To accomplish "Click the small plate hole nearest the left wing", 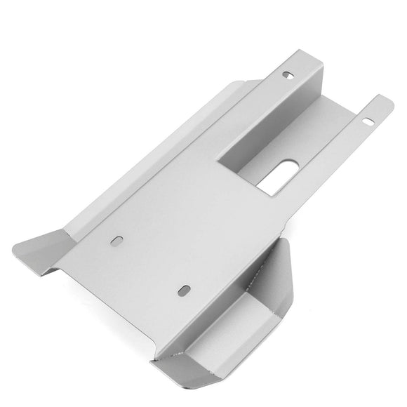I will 115,240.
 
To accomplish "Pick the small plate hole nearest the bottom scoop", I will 183,290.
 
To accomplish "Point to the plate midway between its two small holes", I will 149,265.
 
